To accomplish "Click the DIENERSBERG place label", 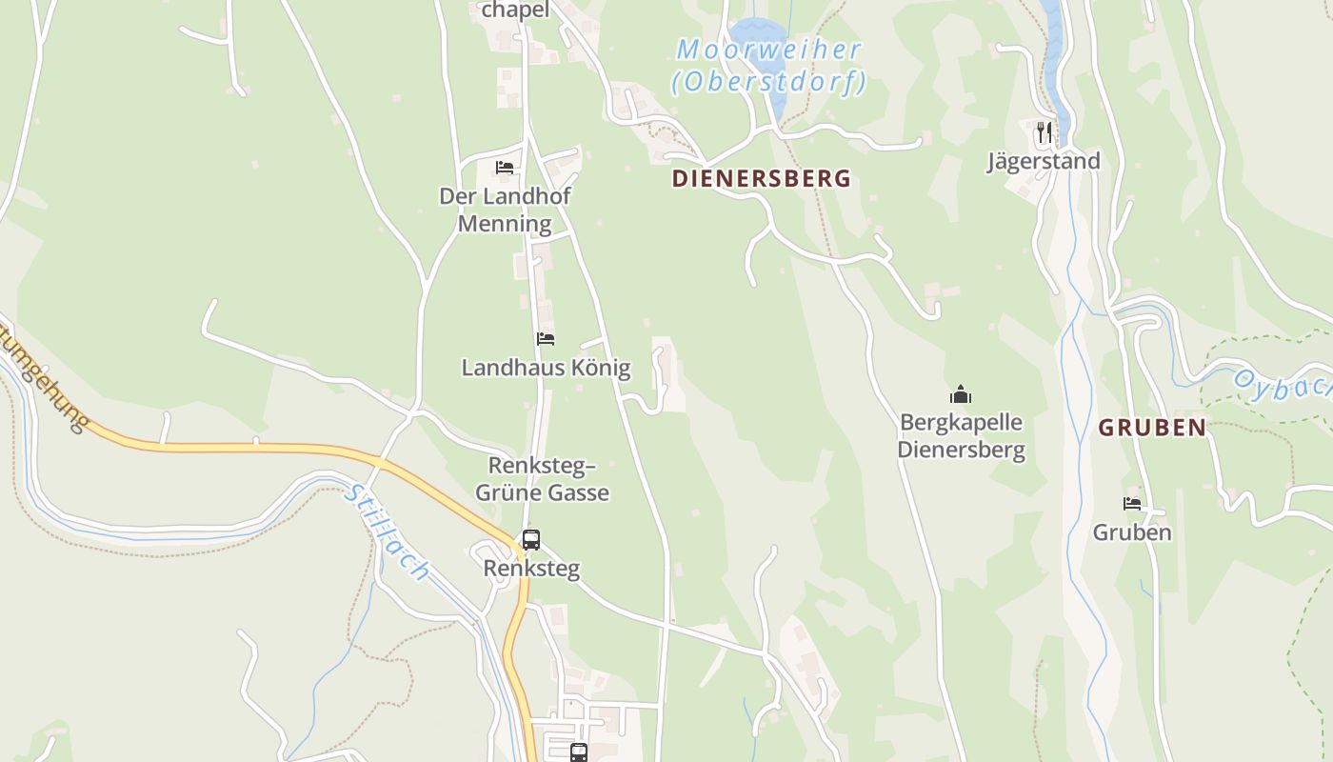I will (x=761, y=178).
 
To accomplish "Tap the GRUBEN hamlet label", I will (x=1152, y=428).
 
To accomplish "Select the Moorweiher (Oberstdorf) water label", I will (x=769, y=65).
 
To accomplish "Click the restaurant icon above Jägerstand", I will (x=1045, y=131).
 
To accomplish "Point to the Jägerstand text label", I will (x=1043, y=161).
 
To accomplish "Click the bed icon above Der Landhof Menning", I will (x=505, y=168).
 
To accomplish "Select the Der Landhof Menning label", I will (x=505, y=210).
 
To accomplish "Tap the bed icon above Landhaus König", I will (x=546, y=339).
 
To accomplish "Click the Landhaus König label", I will (x=546, y=368).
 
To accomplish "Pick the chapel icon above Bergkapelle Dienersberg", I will (x=961, y=394).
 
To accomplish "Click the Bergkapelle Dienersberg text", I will (x=961, y=435).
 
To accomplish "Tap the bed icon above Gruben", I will (x=1131, y=504).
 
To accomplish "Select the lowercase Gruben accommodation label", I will (x=1131, y=532).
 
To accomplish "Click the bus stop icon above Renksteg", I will (x=530, y=540).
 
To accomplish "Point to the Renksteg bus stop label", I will (x=530, y=569).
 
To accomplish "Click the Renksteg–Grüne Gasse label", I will (x=542, y=479).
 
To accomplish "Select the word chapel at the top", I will (x=515, y=10).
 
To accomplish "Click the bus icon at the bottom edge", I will (x=578, y=752).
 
